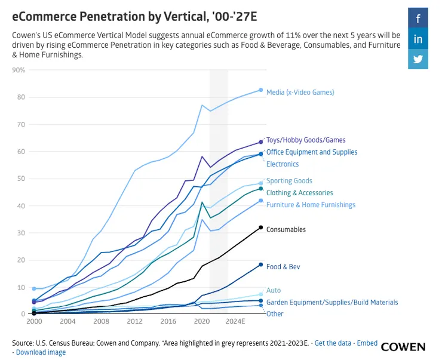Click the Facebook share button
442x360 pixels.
(418, 19)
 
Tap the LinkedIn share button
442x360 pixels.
(418, 39)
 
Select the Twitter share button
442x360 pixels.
(418, 59)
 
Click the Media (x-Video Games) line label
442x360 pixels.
(300, 93)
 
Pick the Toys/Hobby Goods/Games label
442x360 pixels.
(306, 140)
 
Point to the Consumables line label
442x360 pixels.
(286, 229)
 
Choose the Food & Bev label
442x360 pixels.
(283, 267)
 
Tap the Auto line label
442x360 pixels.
(274, 291)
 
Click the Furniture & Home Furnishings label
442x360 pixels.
(311, 205)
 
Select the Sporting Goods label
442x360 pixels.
(289, 181)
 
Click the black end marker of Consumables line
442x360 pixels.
(261, 227)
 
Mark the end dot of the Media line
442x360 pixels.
(261, 90)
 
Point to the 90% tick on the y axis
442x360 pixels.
(19, 70)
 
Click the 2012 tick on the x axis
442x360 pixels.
(135, 321)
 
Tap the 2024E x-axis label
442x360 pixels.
(235, 321)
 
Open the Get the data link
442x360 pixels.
(333, 343)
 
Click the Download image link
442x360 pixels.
(41, 352)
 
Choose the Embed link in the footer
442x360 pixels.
(367, 343)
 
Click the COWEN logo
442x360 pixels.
(403, 347)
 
